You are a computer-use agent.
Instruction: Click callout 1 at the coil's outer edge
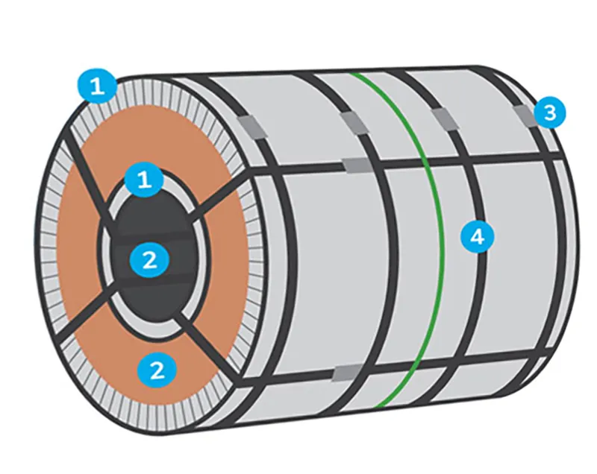(98, 86)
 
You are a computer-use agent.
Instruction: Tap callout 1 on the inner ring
(145, 178)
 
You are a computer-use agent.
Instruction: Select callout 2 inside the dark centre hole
(149, 260)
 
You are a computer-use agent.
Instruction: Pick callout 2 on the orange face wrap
(157, 370)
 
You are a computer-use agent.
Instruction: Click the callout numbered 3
(550, 113)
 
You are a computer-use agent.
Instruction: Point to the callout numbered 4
(478, 236)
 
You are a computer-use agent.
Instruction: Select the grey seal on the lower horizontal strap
(347, 373)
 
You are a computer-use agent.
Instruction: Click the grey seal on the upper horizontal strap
(357, 165)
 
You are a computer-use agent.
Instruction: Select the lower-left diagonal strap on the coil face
(82, 315)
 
